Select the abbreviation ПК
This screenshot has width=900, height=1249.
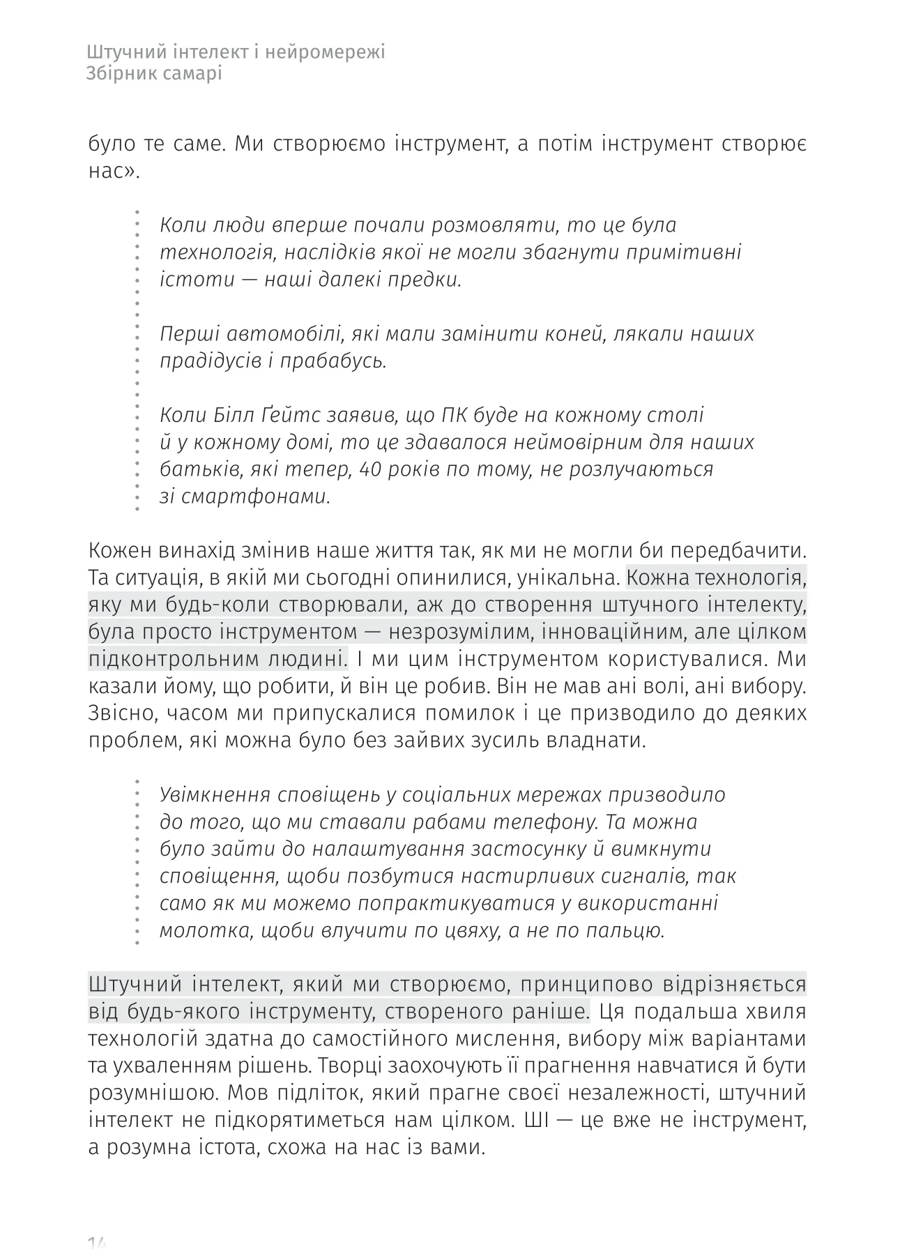coord(454,416)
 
